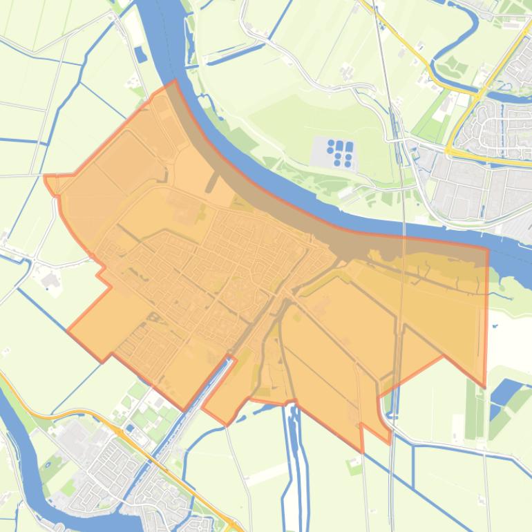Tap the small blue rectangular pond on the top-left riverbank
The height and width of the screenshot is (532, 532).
(x=141, y=54)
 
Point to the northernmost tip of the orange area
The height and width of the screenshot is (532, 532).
(x=174, y=81)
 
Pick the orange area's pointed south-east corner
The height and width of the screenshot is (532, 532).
(x=484, y=386)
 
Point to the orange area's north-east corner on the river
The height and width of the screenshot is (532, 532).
(x=487, y=248)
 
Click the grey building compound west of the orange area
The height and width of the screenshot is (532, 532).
(x=50, y=281)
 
